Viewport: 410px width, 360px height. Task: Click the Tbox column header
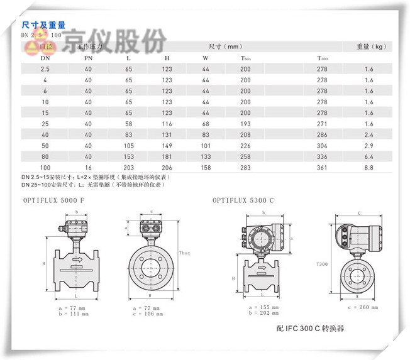246,58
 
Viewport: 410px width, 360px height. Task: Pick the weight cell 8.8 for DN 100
369,168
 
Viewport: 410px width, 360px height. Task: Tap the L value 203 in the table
129,168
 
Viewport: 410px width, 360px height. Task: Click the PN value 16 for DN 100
88,168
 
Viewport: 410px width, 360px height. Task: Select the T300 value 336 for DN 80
322,156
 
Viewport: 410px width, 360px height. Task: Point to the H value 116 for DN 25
167,124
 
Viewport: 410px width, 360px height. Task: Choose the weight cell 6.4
369,156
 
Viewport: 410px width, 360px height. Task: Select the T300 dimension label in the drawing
323,265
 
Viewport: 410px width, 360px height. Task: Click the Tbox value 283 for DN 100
245,168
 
